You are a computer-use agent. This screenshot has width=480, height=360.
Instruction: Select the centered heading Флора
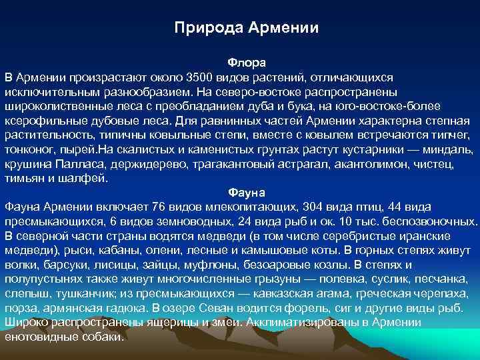coord(247,62)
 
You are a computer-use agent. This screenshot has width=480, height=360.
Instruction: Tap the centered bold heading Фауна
coord(247,192)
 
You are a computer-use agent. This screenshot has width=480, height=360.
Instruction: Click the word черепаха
coord(442,294)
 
